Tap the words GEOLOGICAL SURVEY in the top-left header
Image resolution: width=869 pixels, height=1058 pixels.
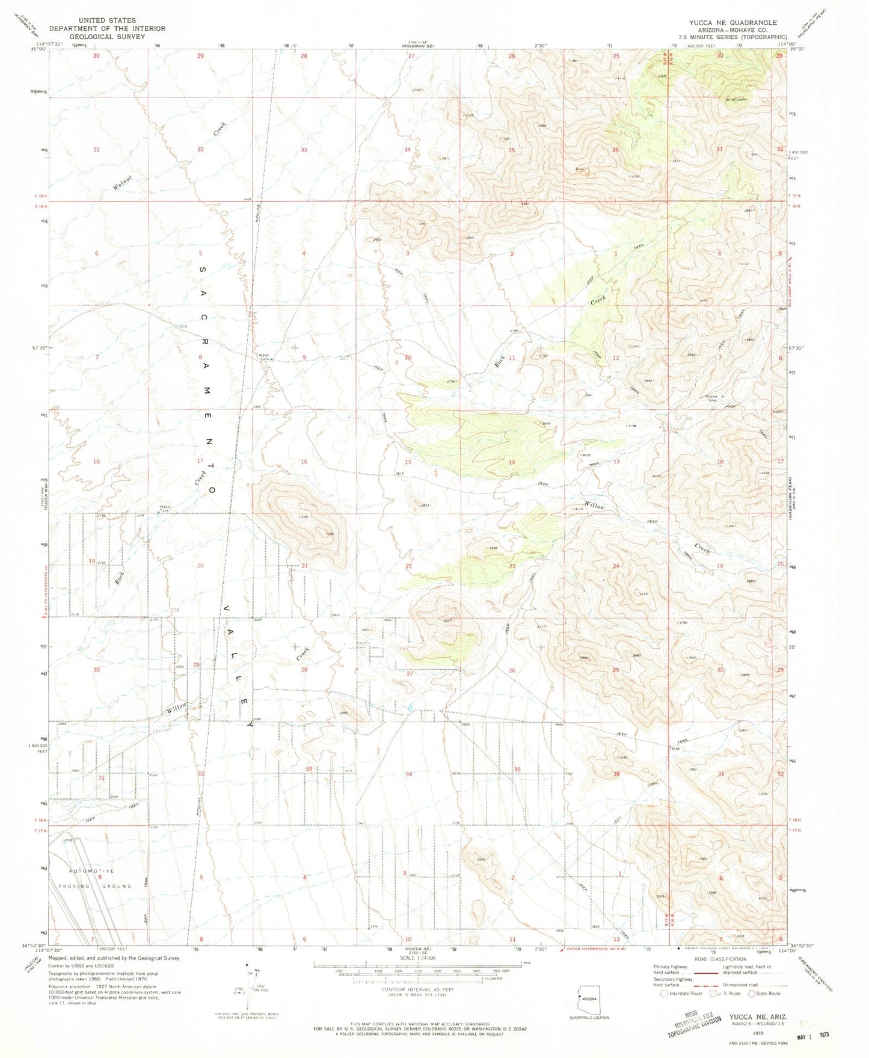coord(108,36)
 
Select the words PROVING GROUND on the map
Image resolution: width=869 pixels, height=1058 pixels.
coord(94,886)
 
